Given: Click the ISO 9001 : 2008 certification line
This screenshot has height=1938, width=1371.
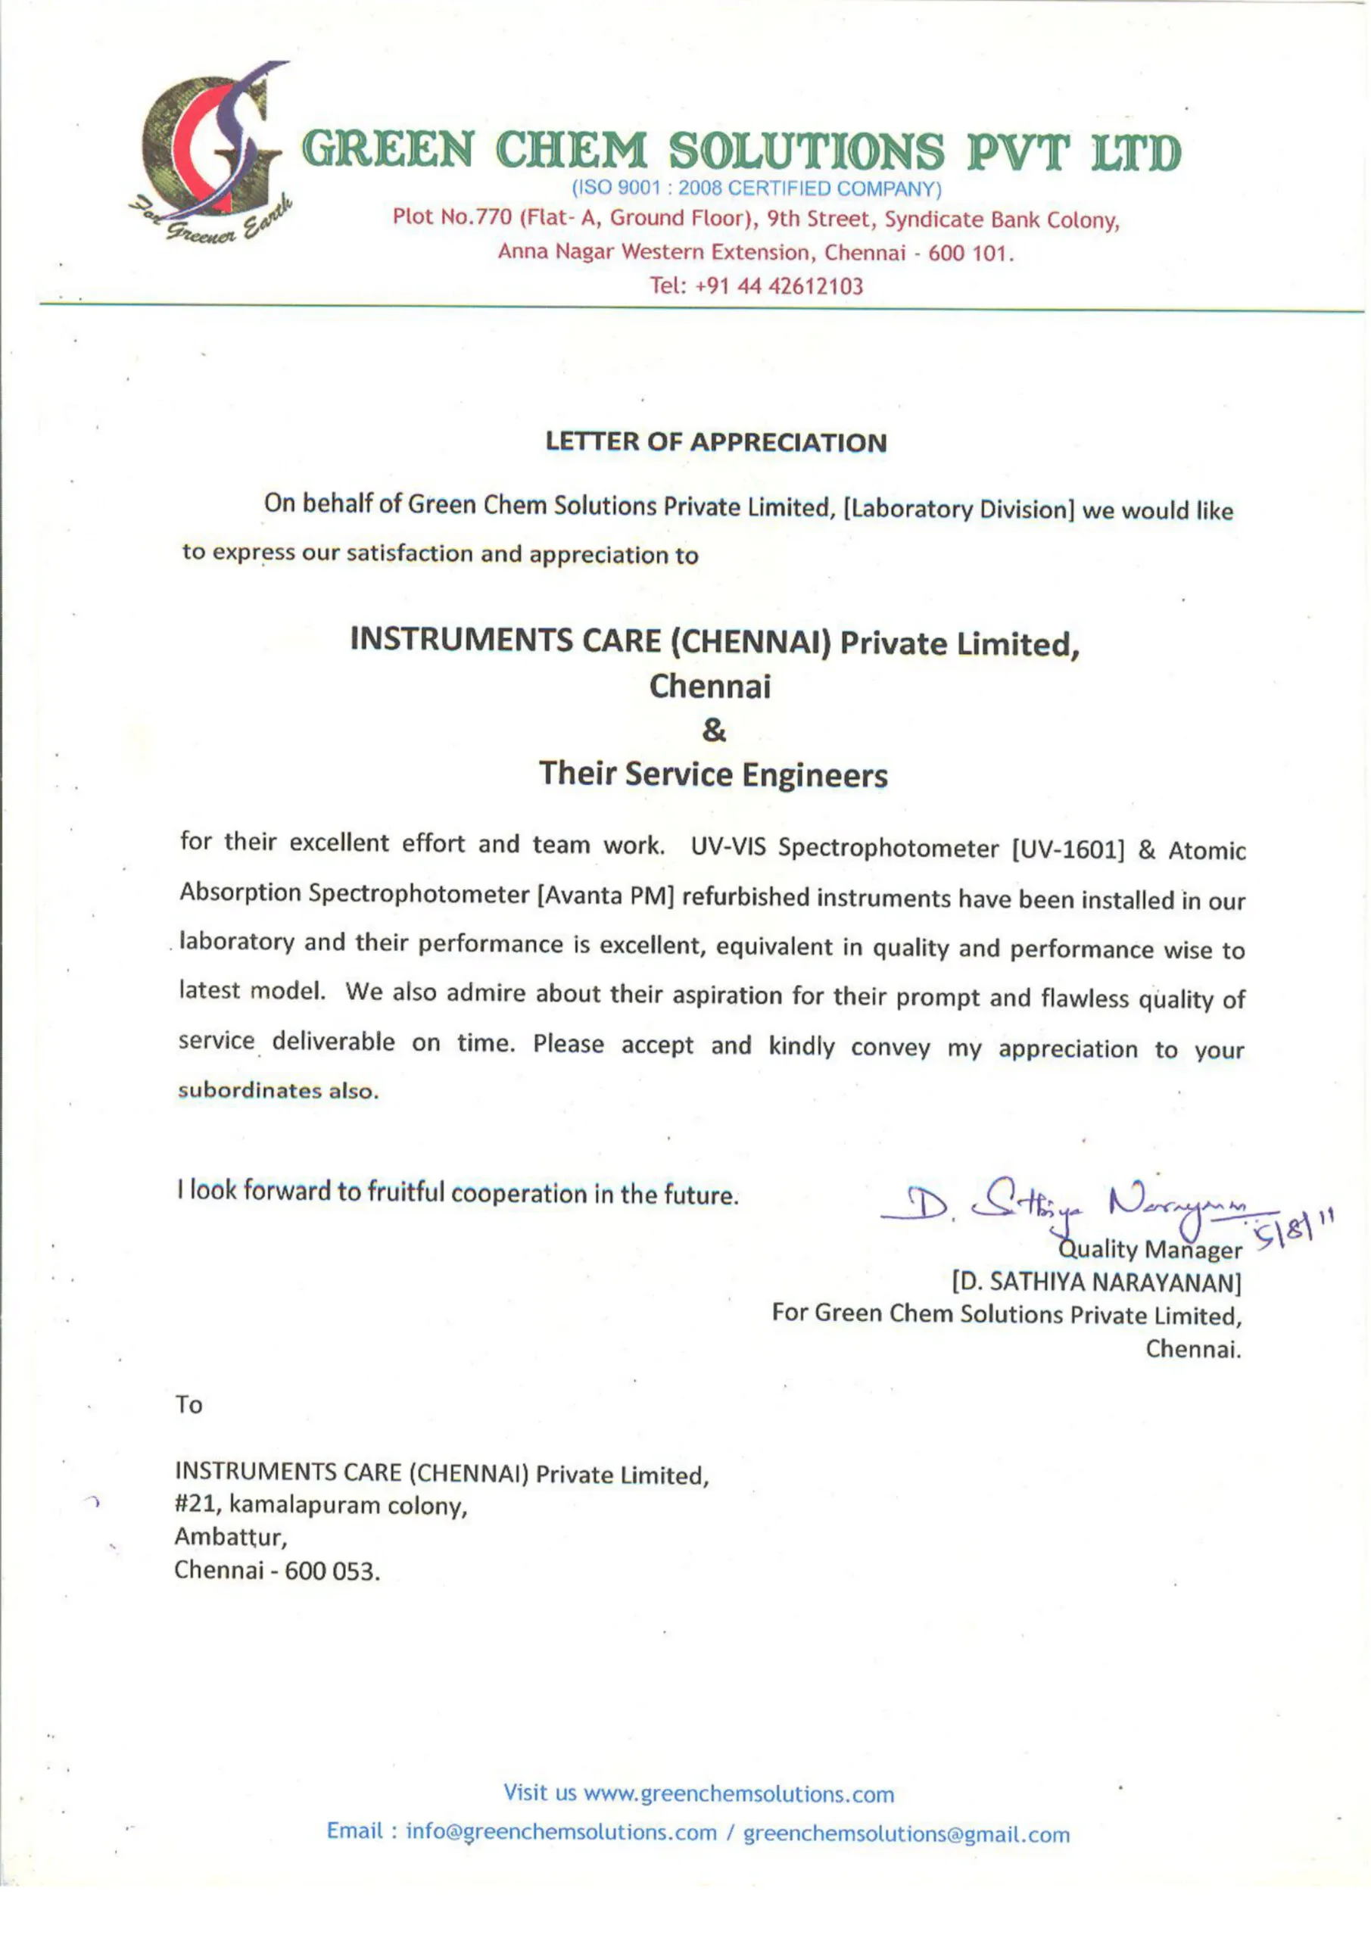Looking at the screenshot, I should [756, 188].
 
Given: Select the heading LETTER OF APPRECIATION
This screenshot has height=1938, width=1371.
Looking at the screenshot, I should [716, 442].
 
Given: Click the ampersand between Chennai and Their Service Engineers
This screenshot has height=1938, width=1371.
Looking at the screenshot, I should [713, 730].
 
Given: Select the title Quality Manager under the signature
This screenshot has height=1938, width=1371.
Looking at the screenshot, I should [1150, 1249].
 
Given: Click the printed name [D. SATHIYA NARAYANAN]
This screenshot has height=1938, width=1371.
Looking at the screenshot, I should [1095, 1282].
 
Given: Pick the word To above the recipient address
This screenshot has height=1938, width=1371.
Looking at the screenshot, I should [189, 1404].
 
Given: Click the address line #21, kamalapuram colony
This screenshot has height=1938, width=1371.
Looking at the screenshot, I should [321, 1505].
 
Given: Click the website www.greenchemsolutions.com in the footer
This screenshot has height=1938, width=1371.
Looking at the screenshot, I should [739, 1793].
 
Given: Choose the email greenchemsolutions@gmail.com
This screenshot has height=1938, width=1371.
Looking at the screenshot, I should [906, 1834].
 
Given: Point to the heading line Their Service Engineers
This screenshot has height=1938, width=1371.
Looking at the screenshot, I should [713, 774].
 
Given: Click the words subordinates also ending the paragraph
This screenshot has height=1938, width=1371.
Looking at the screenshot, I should [278, 1091].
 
